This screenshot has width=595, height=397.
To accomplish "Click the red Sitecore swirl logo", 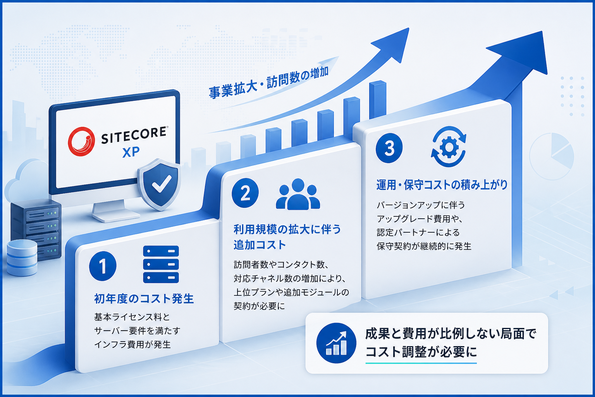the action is pos(81,141).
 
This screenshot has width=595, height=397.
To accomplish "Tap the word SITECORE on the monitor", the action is pos(134,135).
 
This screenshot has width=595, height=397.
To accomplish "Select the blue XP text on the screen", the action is pos(131,152).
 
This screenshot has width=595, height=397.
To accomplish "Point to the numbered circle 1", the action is pos(103,266).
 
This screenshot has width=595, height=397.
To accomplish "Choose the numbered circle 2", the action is pos(245,193).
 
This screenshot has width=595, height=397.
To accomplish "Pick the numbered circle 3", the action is pos(389,148).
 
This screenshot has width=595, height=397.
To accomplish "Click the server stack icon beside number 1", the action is pos(161,264).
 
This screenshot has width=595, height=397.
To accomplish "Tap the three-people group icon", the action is pos(298,194).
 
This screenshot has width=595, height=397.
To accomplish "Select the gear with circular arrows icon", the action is pos(449,147).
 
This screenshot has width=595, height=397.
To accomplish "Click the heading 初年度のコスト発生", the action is pos(144,299).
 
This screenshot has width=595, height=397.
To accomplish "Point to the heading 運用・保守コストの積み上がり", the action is pos(442,185).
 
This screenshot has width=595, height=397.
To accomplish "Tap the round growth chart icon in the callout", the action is pos(336,343).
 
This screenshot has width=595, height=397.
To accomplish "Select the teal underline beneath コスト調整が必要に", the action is pos(421,362).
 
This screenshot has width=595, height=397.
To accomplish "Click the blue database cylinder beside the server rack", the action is pos(22,258).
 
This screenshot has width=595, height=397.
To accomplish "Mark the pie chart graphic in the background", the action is pos(552,156).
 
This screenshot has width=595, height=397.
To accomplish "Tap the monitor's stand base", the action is pos(116,216).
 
